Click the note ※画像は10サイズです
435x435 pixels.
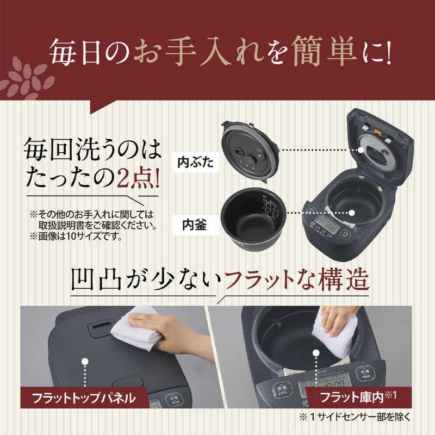point(76,237)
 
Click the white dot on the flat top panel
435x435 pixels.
point(84,362)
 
